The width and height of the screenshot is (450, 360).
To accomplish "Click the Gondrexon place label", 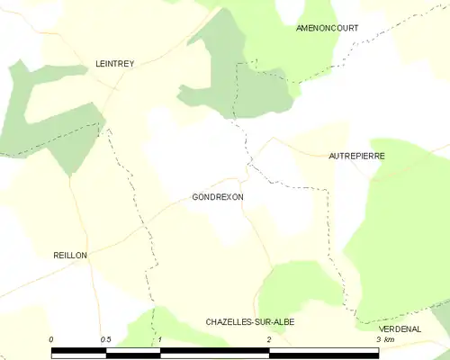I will coord(217,196).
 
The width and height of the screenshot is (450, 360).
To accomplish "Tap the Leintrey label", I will coord(115,64).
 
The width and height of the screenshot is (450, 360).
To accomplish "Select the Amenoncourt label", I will coord(328,28).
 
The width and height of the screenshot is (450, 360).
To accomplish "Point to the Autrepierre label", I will coord(356,156).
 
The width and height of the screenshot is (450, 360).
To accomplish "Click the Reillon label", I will coord(69,256).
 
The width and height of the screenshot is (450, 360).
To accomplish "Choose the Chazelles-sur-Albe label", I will coord(250,321).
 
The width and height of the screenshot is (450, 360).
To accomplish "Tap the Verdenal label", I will coord(400,329).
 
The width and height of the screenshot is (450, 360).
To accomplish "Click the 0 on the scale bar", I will coord(52,339).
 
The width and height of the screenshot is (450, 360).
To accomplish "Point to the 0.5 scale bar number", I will coord(105,339).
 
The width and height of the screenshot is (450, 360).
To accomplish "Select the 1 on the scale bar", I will coord(159,339).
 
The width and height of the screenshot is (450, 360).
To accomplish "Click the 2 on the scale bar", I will coord(268,339).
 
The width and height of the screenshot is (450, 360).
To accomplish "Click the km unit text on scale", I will coord(389,339).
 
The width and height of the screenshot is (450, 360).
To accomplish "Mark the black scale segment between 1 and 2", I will coord(214,350).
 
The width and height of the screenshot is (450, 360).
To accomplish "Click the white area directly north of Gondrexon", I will coord(193,148).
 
